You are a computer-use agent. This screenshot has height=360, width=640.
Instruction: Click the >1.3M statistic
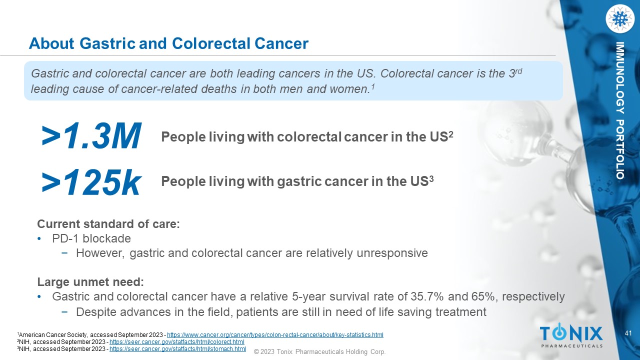click(x=91, y=135)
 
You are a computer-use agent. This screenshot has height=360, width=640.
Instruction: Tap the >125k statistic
click(x=91, y=181)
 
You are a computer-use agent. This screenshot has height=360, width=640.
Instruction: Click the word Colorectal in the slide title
click(x=211, y=43)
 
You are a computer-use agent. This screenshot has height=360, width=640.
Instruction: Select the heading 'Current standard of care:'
click(x=108, y=224)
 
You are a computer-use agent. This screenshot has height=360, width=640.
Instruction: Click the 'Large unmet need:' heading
click(x=90, y=282)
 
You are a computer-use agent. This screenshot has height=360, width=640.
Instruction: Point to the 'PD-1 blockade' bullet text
click(x=91, y=238)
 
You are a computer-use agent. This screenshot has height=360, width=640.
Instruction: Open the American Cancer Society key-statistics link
click(x=275, y=334)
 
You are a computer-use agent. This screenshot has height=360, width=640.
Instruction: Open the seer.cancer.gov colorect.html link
click(x=177, y=341)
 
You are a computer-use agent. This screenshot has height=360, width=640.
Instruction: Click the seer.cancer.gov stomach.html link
click(x=177, y=349)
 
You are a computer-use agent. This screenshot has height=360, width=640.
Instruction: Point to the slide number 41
click(x=628, y=333)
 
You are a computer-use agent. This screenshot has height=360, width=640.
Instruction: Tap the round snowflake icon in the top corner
click(x=619, y=19)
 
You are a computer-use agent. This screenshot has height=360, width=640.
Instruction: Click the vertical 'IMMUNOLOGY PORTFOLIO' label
click(x=619, y=110)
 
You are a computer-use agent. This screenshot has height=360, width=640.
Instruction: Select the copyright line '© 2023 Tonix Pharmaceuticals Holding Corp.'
click(x=319, y=351)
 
